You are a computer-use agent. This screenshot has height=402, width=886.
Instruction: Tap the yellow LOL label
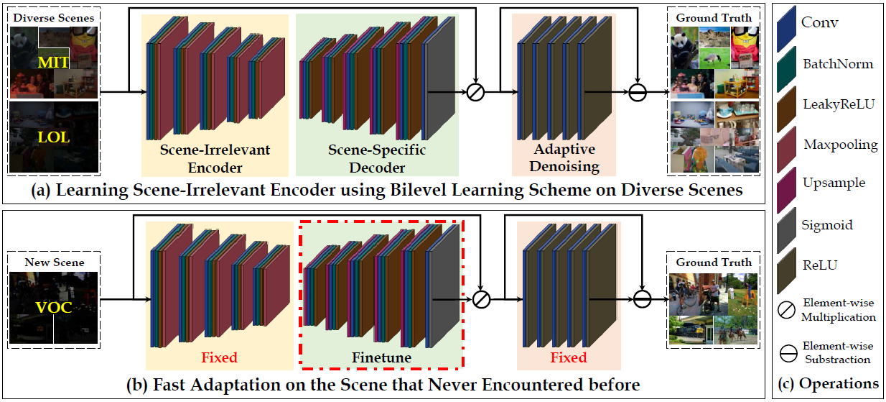(x=54, y=137)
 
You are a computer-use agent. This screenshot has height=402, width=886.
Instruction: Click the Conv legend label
(x=819, y=23)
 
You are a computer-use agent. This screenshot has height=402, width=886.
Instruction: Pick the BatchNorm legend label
(x=839, y=64)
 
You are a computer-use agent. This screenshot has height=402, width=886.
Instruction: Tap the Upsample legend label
(x=834, y=183)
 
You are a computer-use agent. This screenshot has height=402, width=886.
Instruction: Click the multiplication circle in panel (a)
(x=475, y=92)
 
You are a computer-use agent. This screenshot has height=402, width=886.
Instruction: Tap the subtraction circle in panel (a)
(x=637, y=92)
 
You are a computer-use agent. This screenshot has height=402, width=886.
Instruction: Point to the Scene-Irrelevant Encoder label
(x=216, y=159)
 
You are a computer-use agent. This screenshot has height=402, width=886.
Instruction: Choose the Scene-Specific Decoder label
(x=376, y=159)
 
